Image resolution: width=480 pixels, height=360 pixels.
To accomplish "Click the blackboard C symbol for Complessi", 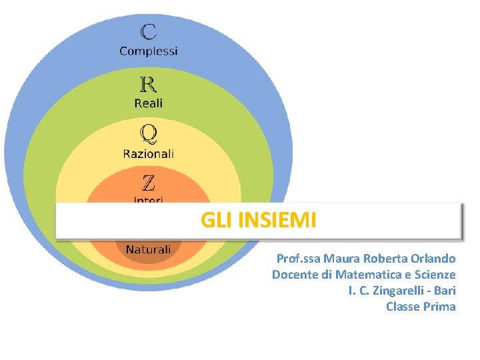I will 149,32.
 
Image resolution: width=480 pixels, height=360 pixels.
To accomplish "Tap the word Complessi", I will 149,51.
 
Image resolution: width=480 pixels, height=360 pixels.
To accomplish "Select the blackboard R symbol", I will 148,85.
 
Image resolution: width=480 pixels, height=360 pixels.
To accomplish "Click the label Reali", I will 148,103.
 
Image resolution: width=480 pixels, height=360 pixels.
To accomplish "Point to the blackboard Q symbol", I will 148,135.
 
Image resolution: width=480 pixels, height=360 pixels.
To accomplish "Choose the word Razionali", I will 148,153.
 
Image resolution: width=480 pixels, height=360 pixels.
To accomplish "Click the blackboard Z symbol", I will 148,182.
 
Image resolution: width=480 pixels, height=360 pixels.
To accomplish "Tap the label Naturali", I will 148,249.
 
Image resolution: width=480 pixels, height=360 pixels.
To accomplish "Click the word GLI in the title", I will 217,220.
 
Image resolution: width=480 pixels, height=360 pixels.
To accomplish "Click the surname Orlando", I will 433,259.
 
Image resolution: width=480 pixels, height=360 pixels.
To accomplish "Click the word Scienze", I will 434,275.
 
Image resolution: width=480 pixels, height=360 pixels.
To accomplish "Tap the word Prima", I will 439,307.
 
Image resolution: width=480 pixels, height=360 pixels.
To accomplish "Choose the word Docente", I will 294,275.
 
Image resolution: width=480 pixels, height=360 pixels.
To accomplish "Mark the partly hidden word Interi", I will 148,199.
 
